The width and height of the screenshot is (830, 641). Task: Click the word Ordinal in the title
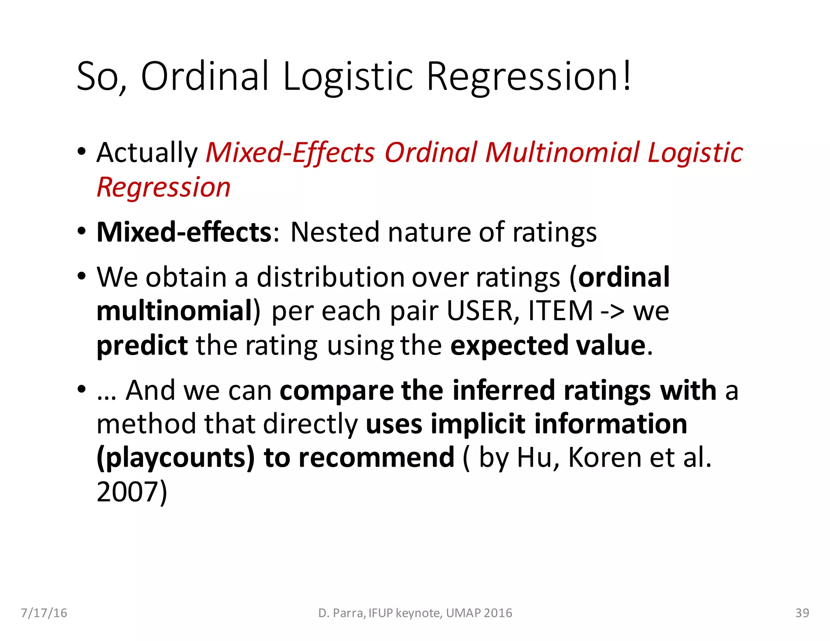[205, 76]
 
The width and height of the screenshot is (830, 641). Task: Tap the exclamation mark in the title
[627, 76]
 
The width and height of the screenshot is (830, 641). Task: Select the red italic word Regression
[164, 188]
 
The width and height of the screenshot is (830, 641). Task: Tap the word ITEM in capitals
[561, 311]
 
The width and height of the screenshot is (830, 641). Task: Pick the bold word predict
[142, 346]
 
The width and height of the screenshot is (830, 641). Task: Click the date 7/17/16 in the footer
[44, 613]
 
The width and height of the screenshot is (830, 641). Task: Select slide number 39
[802, 613]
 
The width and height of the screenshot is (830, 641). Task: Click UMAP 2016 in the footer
[479, 613]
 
